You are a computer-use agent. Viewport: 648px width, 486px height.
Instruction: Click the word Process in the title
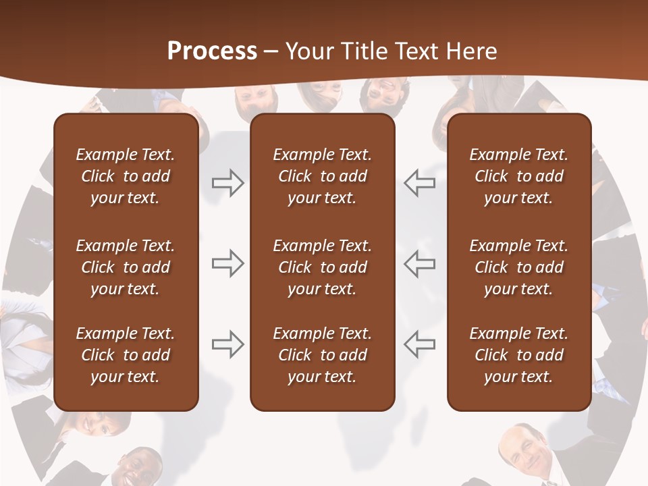(212, 51)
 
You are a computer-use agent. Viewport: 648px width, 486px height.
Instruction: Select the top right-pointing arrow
(227, 183)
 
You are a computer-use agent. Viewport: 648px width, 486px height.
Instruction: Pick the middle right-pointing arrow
(227, 263)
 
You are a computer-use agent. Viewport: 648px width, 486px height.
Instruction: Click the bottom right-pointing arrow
(227, 344)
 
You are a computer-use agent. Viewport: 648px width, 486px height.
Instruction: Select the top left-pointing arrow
(420, 183)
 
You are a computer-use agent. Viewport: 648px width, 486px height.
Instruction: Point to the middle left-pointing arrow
(420, 263)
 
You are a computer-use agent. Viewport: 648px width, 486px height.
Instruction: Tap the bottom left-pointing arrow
(420, 344)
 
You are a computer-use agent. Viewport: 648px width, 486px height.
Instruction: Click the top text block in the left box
(126, 176)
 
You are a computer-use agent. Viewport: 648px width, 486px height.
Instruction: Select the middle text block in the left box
(126, 267)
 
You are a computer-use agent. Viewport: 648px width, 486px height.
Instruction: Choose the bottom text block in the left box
(126, 355)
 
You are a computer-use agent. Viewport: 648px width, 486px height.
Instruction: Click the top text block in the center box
(323, 176)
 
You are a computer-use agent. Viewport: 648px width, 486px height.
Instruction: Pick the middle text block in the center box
(323, 267)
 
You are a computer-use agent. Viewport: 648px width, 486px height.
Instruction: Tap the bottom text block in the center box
(323, 355)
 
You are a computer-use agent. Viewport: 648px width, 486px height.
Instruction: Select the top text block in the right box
(519, 176)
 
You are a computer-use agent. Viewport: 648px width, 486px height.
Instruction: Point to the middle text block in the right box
(519, 267)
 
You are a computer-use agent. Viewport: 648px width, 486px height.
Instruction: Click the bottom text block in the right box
(519, 355)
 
